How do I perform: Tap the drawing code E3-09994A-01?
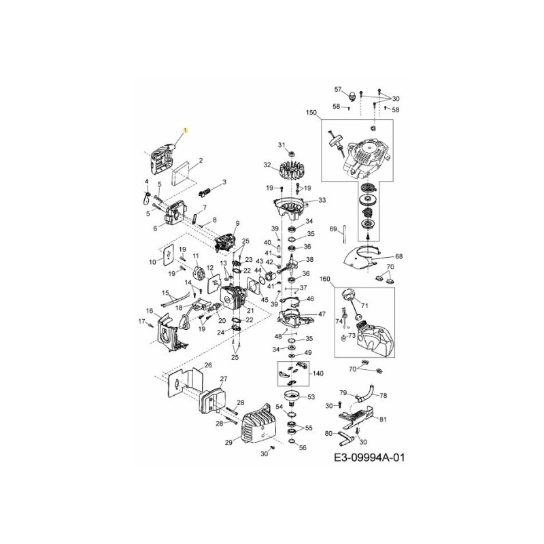tap(369, 458)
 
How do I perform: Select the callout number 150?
tap(312, 113)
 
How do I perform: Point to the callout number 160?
tap(324, 279)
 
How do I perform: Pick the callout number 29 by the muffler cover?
tap(228, 443)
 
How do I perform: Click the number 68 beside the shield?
tap(399, 256)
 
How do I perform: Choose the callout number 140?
tap(318, 373)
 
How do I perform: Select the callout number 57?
tap(337, 89)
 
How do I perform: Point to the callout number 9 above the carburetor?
tap(237, 224)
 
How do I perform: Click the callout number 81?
tap(384, 419)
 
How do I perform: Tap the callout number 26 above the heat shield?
tap(208, 365)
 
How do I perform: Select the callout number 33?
tap(322, 200)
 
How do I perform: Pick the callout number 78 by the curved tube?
tap(383, 395)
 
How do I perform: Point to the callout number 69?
tap(333, 229)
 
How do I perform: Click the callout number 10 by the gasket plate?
tap(152, 261)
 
